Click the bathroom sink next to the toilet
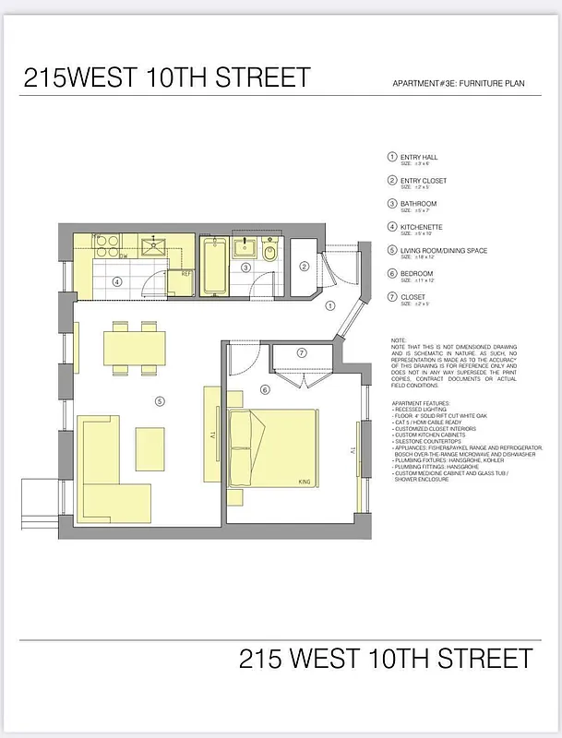[x=245, y=248]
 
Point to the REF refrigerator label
[x=185, y=274]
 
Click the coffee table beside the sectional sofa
[x=151, y=446]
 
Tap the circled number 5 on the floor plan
[x=160, y=400]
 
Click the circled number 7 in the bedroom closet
[x=301, y=353]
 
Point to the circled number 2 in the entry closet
[x=304, y=268]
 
